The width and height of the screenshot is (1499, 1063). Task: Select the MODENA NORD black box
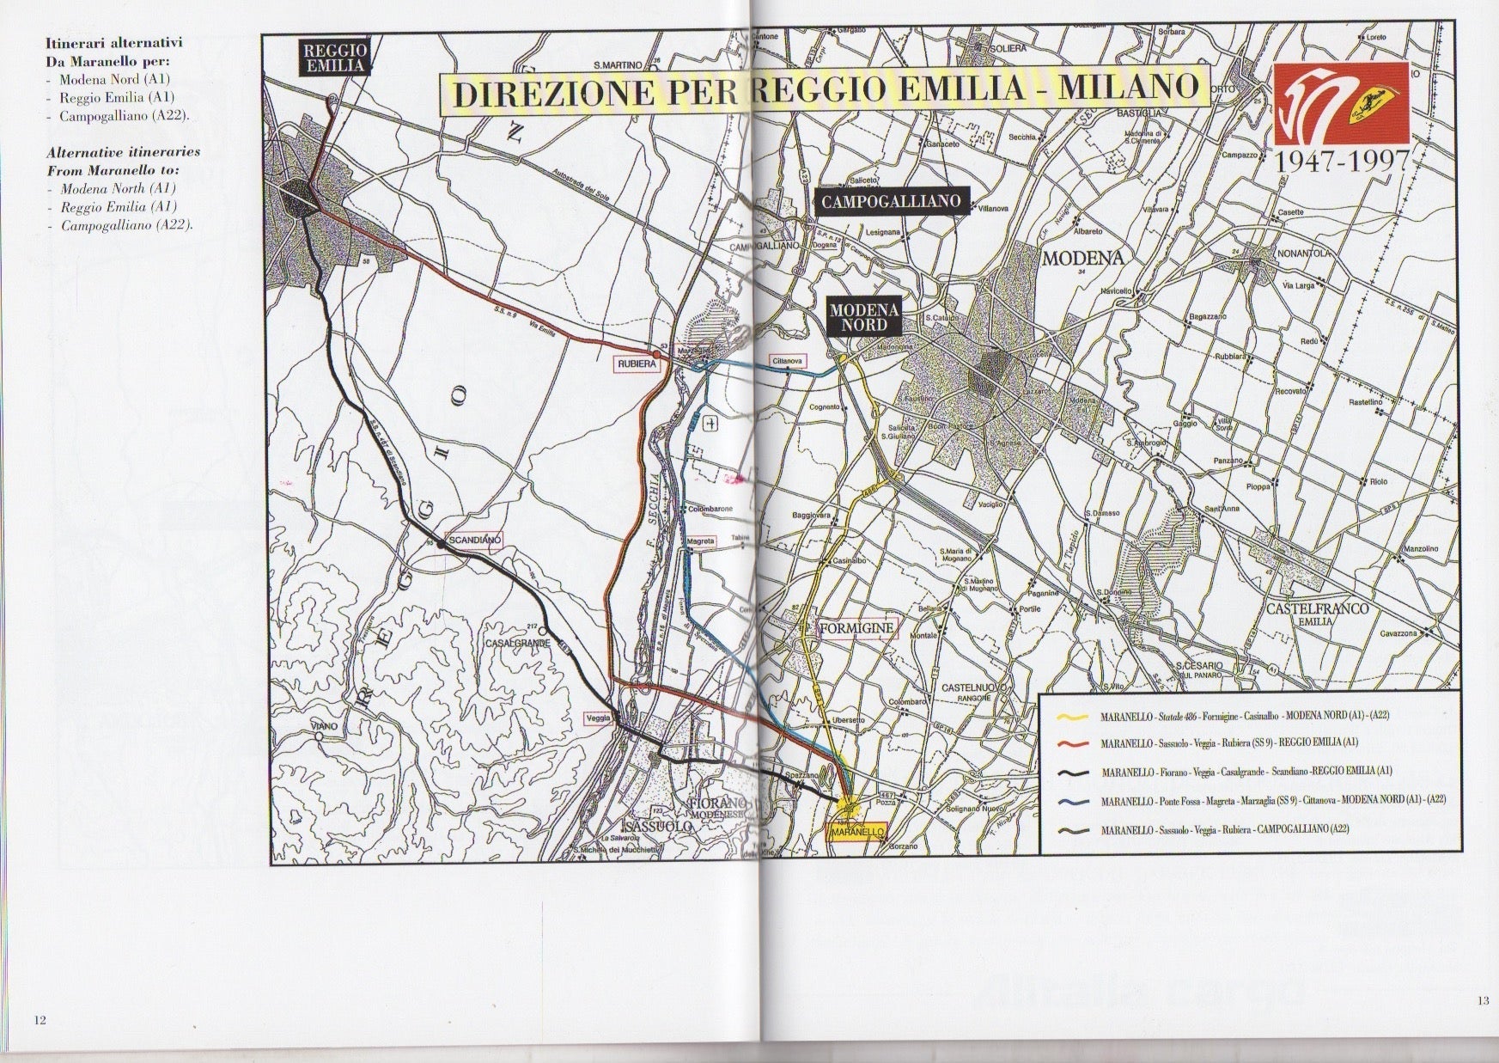(863, 316)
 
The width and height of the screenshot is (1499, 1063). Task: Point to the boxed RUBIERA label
(637, 364)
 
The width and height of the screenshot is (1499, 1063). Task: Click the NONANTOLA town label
(1302, 254)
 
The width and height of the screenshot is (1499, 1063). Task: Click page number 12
(40, 1020)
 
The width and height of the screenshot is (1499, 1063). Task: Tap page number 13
(1484, 1000)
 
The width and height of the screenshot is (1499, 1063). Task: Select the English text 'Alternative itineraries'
(123, 151)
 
